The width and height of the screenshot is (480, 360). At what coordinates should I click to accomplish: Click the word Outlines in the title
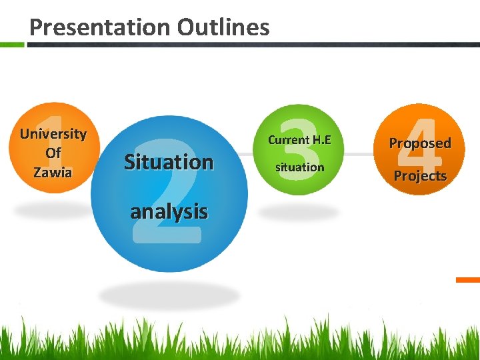point(223,27)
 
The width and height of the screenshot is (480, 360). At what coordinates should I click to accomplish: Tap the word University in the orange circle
point(53,133)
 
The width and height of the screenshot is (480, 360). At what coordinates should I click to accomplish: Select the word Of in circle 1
point(53,153)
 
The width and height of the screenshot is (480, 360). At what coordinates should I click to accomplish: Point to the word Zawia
point(53,172)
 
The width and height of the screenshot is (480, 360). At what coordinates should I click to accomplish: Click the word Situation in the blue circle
point(169,162)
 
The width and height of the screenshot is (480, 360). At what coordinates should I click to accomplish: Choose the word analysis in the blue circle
point(169,212)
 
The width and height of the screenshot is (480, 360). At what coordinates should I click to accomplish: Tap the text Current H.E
point(299,140)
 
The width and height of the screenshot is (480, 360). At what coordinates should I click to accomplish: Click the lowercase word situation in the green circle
point(299,167)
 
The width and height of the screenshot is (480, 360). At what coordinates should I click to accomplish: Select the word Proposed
point(420,143)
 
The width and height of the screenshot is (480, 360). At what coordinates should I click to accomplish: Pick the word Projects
point(420,176)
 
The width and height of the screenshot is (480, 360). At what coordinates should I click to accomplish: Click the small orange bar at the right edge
point(468,280)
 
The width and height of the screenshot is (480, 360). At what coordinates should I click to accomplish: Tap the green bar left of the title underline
point(12,45)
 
